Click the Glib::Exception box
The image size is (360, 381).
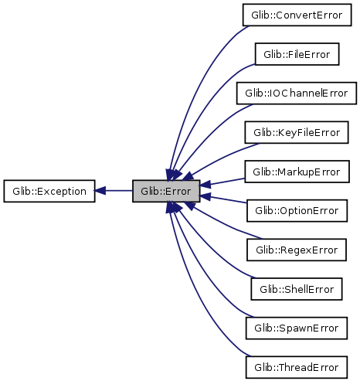pyautogui.click(x=49, y=191)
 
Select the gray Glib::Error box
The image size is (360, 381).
pyautogui.click(x=166, y=191)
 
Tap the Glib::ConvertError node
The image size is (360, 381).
pyautogui.click(x=297, y=15)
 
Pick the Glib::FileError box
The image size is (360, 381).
pyautogui.click(x=297, y=54)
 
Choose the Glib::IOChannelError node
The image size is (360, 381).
pyautogui.click(x=297, y=94)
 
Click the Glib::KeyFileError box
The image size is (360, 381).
pyautogui.click(x=297, y=132)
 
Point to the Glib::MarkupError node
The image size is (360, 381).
pyautogui.click(x=297, y=172)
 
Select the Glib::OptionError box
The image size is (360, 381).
pyautogui.click(x=297, y=211)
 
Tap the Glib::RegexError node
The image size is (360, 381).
pyautogui.click(x=297, y=250)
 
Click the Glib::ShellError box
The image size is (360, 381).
pyautogui.click(x=297, y=289)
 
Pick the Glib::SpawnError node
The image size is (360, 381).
pyautogui.click(x=297, y=328)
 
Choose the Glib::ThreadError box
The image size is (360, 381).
pyautogui.click(x=297, y=367)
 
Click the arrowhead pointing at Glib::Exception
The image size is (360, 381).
pyautogui.click(x=100, y=191)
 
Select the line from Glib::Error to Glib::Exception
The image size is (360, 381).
pyautogui.click(x=114, y=191)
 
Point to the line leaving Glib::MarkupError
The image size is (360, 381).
pyautogui.click(x=222, y=182)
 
